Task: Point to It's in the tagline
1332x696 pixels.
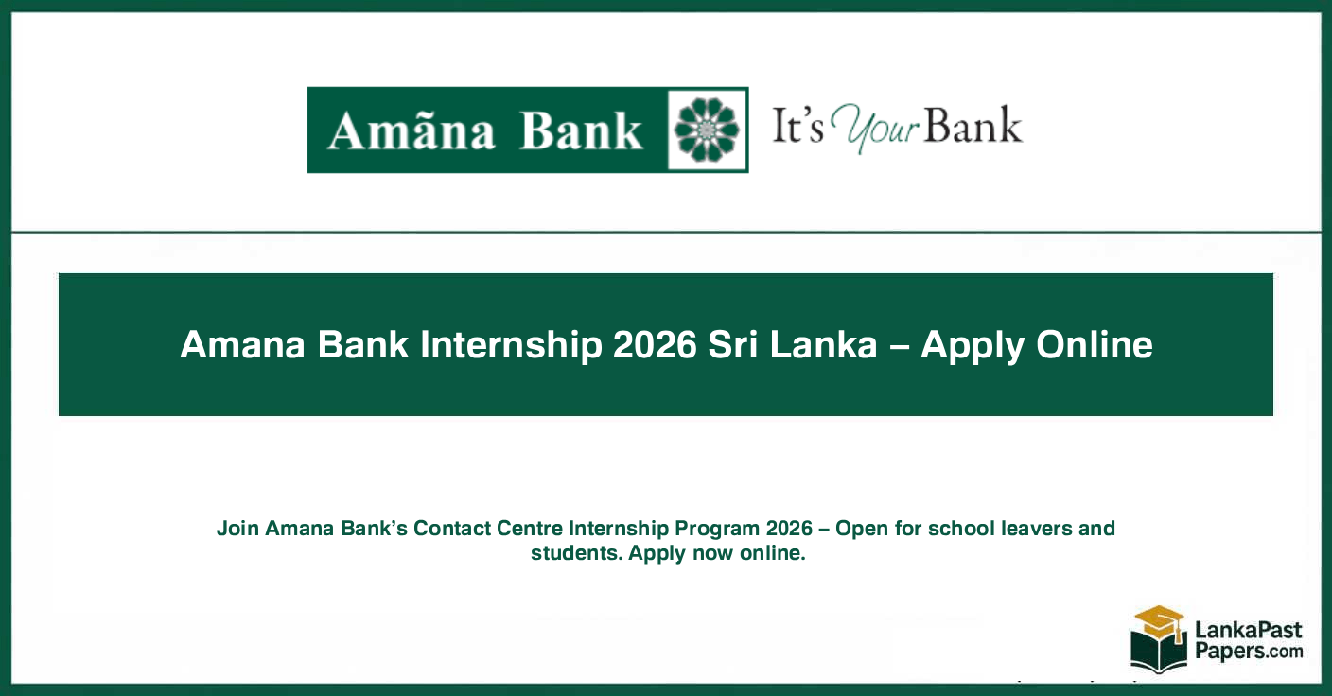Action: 797,128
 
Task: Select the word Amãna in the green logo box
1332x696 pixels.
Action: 411,131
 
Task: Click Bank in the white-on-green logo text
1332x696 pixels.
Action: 581,131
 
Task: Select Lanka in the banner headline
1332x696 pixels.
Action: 824,345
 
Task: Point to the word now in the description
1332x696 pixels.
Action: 713,553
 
